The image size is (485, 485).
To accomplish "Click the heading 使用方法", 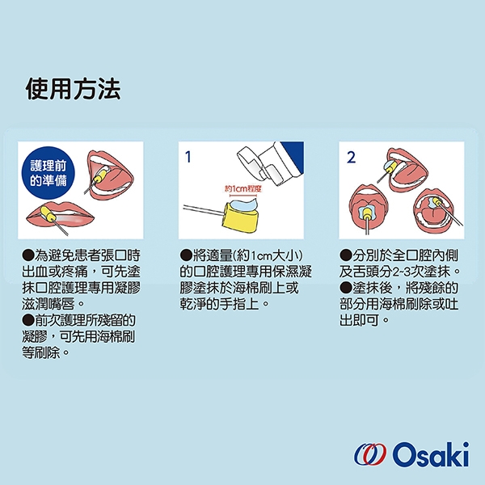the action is pyautogui.click(x=73, y=89).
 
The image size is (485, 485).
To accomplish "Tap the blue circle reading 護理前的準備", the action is pyautogui.click(x=48, y=173).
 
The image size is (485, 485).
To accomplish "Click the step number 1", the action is pyautogui.click(x=188, y=157).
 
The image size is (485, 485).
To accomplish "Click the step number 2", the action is pyautogui.click(x=352, y=157).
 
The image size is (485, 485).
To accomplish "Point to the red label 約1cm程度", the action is pyautogui.click(x=243, y=188).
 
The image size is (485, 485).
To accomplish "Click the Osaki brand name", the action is pyautogui.click(x=431, y=454).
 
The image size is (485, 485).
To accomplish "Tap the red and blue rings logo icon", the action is pyautogui.click(x=370, y=454).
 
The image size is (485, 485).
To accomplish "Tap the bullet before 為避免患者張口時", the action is pyautogui.click(x=28, y=255).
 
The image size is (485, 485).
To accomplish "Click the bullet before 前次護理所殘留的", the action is pyautogui.click(x=28, y=320).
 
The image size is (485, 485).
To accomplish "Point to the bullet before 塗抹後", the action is pyautogui.click(x=345, y=288).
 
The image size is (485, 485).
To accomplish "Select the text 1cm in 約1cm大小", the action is pyautogui.click(x=260, y=256).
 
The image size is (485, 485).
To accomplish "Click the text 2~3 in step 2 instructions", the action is pyautogui.click(x=402, y=272).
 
